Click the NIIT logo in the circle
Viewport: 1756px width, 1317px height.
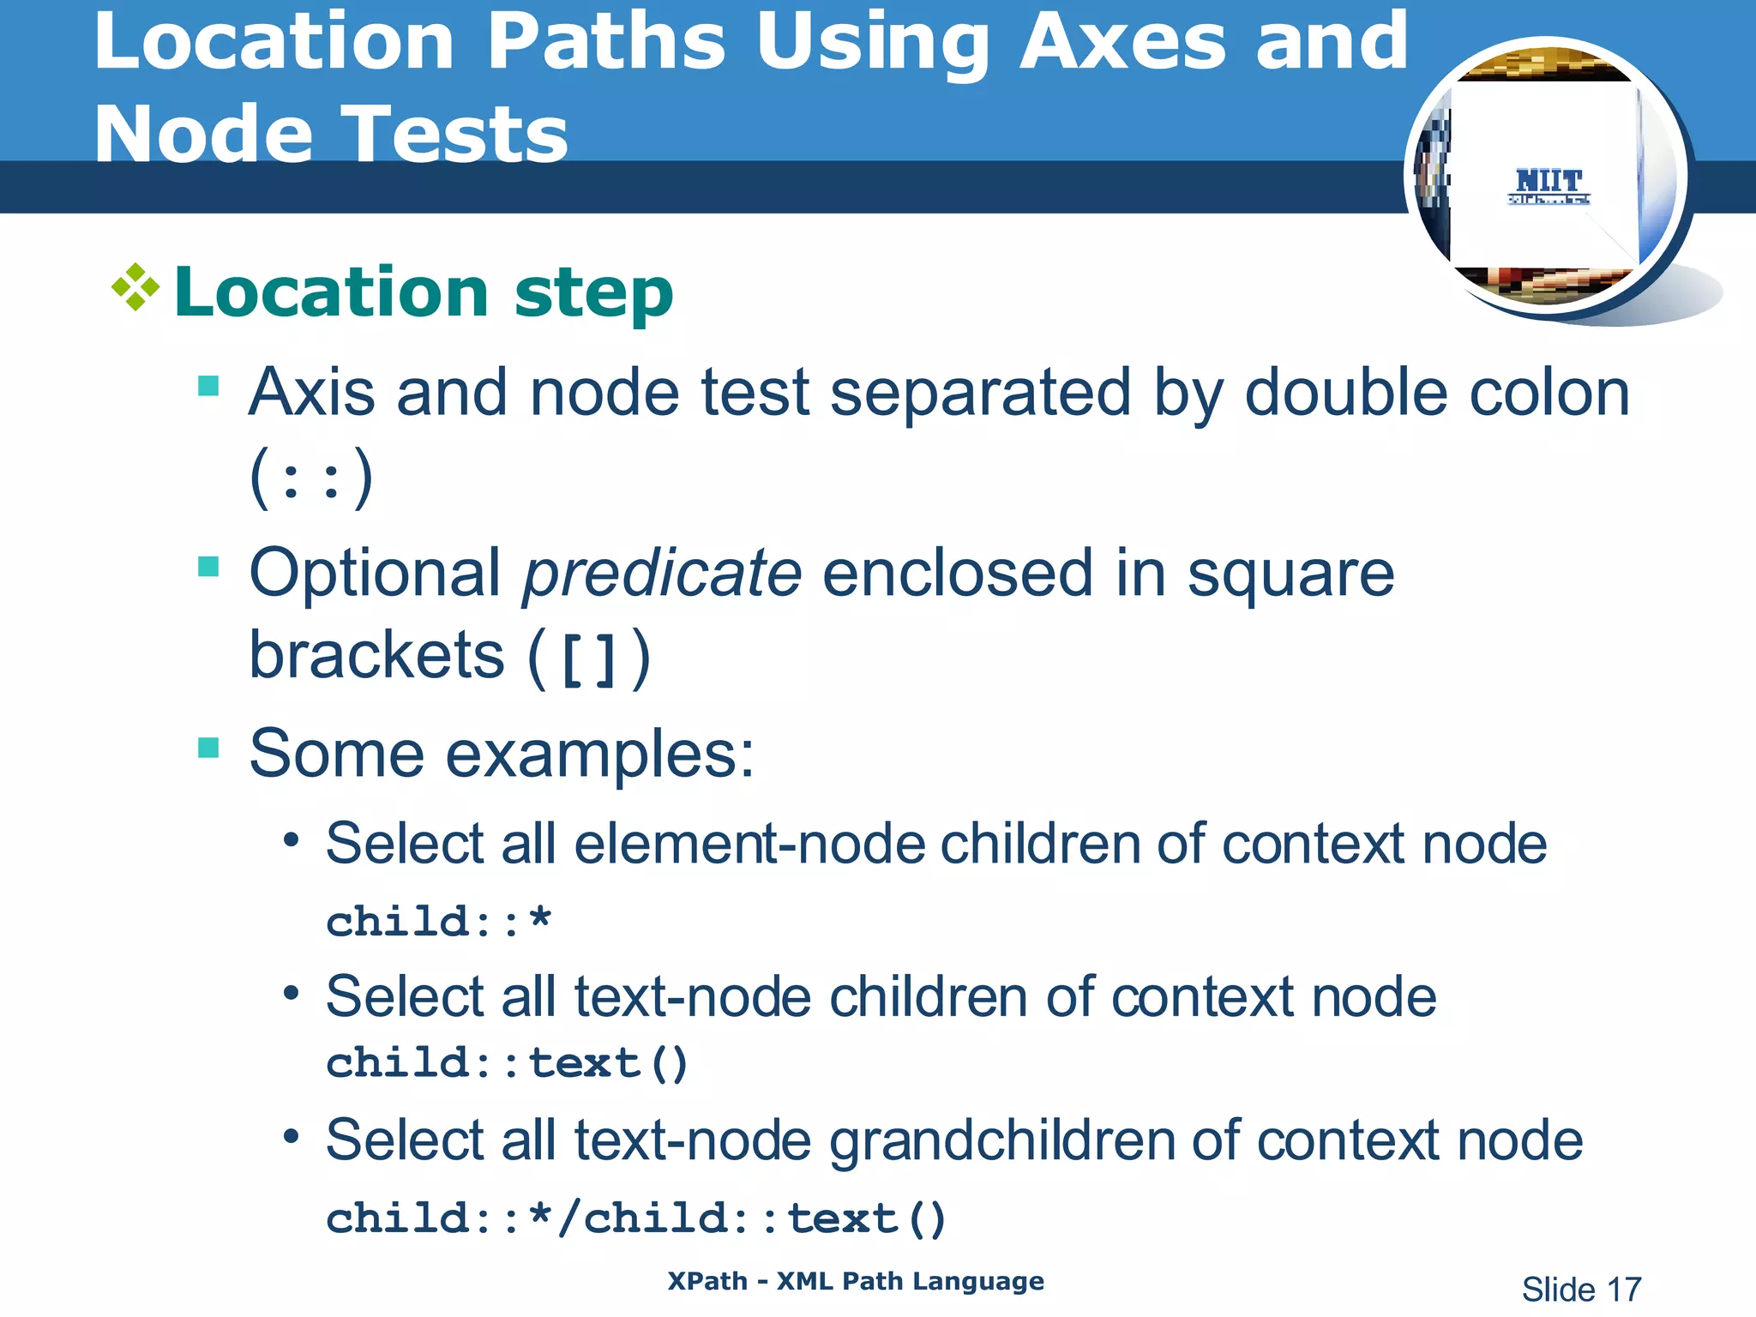1549,185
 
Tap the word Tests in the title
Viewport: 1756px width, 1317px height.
455,135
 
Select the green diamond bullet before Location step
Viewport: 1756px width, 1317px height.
135,288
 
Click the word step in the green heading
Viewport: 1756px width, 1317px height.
593,293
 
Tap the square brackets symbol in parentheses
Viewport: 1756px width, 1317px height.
589,658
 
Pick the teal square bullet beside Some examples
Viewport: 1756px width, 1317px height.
208,748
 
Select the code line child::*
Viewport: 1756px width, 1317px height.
438,923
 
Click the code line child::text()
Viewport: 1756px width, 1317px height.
507,1064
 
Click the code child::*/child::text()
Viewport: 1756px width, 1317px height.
635,1219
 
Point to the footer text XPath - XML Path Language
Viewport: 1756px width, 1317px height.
856,1281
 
